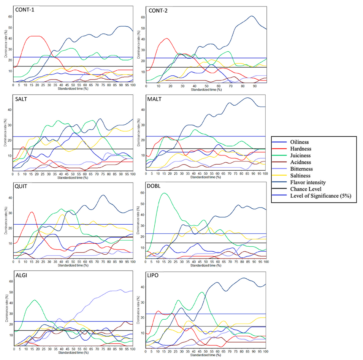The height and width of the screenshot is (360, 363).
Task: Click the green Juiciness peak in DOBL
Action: [x=164, y=193]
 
